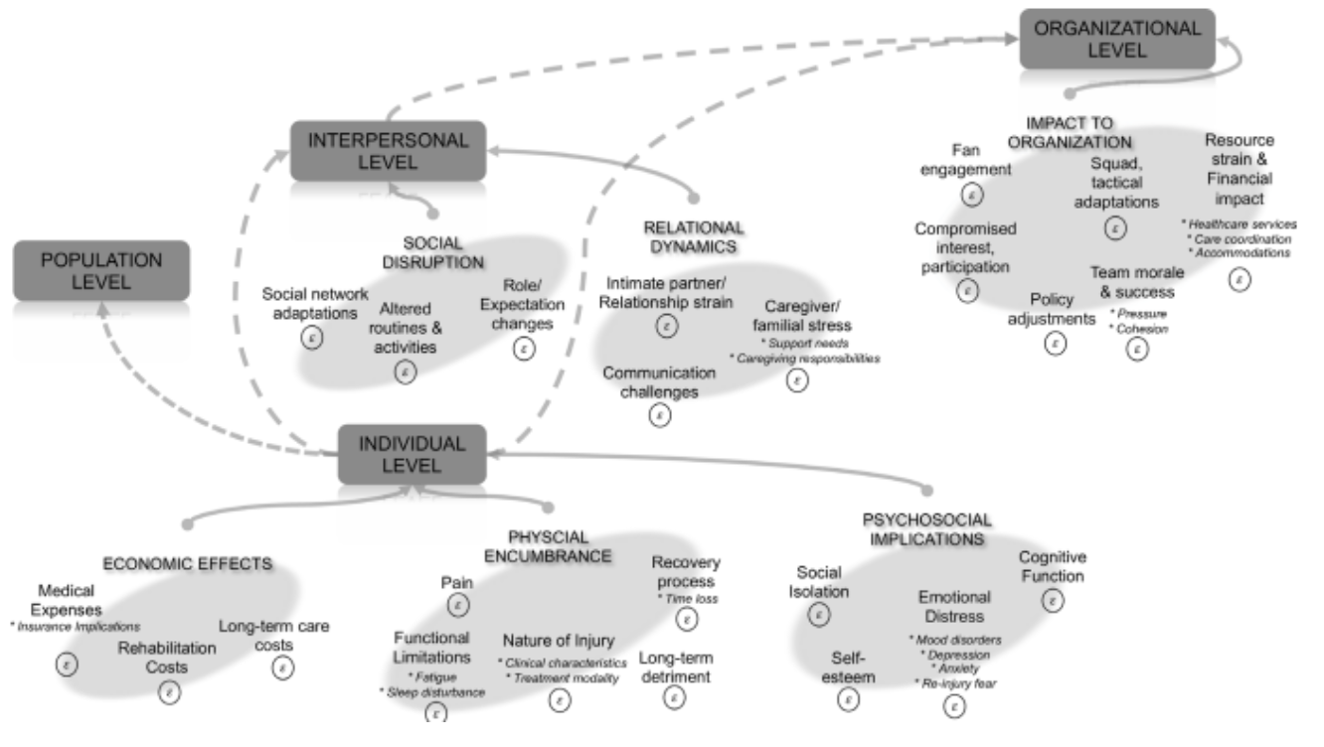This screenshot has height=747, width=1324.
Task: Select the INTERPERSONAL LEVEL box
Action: click(x=388, y=151)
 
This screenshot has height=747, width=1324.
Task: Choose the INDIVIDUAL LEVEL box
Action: click(x=412, y=454)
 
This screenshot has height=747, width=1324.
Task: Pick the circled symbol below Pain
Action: click(x=457, y=603)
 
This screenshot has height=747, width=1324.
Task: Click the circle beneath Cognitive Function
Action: click(x=1054, y=600)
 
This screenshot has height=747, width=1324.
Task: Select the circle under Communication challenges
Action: click(x=659, y=415)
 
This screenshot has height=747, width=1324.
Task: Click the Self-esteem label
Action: click(x=848, y=668)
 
